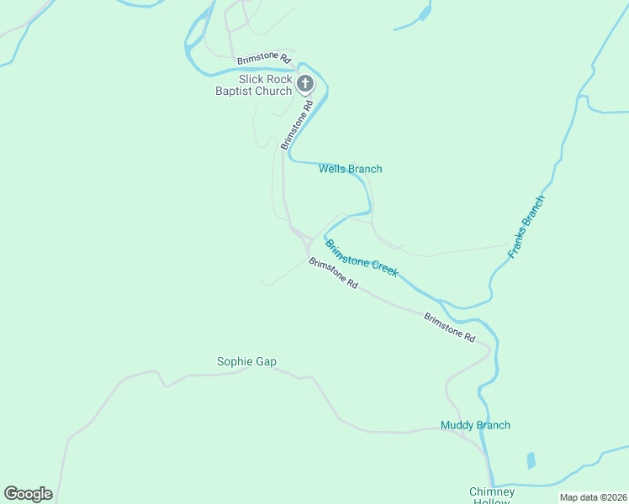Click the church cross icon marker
[x=305, y=83]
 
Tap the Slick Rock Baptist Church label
[x=253, y=85]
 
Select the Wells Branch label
[x=350, y=169]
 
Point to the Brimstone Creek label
[x=362, y=259]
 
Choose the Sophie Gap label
[x=246, y=362]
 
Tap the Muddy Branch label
[x=475, y=425]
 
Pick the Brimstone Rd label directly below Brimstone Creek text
[x=333, y=274]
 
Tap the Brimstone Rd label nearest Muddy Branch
[x=449, y=327]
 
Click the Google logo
[x=28, y=494]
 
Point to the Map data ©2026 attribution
[x=593, y=497]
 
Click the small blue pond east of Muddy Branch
[x=531, y=460]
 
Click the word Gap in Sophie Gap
[x=266, y=362]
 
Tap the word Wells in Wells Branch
[x=332, y=169]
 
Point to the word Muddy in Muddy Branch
[x=457, y=425]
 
